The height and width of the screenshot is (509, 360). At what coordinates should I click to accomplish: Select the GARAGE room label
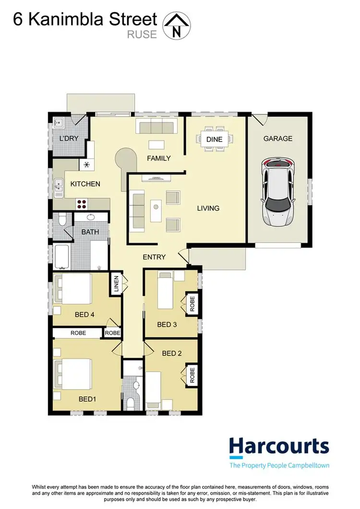[277, 138]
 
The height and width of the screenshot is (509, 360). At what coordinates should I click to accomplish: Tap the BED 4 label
[85, 315]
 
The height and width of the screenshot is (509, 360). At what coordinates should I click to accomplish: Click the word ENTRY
[154, 257]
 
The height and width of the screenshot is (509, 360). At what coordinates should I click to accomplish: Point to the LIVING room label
[208, 208]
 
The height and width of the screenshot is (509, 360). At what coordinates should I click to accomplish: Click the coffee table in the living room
[156, 210]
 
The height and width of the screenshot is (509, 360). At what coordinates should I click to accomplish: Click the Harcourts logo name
[279, 446]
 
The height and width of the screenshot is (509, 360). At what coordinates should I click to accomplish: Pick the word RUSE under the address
[142, 34]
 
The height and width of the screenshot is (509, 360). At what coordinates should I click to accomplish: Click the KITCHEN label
[85, 183]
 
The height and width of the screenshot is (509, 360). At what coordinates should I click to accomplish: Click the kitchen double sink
[59, 188]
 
